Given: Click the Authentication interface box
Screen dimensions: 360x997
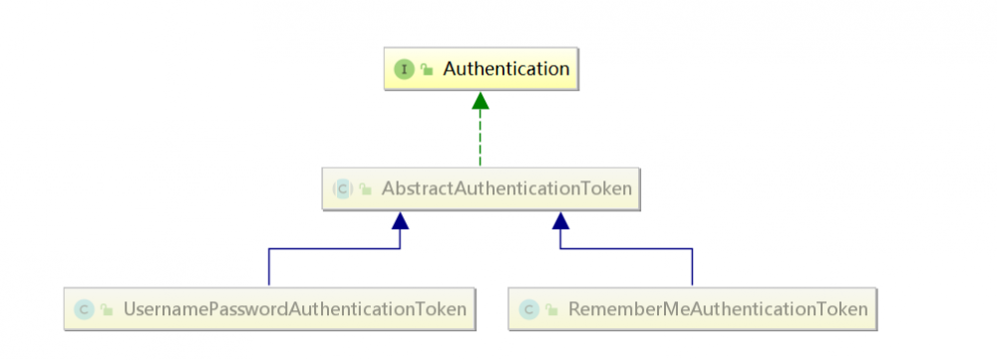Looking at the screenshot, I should (480, 69).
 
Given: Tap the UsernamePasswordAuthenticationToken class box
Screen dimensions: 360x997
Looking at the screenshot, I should (268, 309).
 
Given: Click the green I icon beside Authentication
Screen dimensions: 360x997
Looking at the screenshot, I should (404, 70).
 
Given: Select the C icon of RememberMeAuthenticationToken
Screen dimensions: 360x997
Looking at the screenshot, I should (528, 310).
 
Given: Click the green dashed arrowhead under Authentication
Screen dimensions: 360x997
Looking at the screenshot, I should (481, 100).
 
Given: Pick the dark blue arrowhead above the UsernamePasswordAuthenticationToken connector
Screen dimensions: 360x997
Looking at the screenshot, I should (400, 220).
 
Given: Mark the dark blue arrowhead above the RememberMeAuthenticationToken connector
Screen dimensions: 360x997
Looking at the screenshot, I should (560, 220).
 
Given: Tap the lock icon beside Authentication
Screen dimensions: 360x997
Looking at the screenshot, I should (427, 70).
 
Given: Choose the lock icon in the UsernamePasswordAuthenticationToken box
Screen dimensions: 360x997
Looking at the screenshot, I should (107, 310).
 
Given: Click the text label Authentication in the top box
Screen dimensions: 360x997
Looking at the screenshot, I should (506, 69).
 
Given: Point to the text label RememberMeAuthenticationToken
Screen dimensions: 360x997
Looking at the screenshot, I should (718, 309).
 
